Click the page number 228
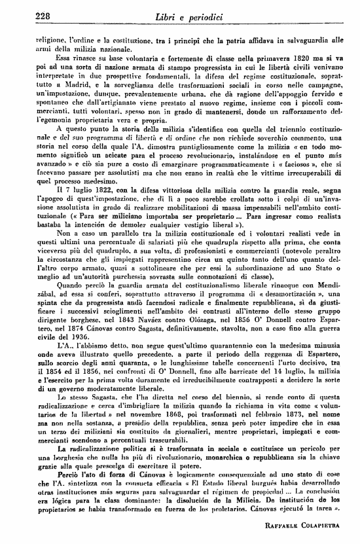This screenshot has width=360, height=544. (x=27, y=15)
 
